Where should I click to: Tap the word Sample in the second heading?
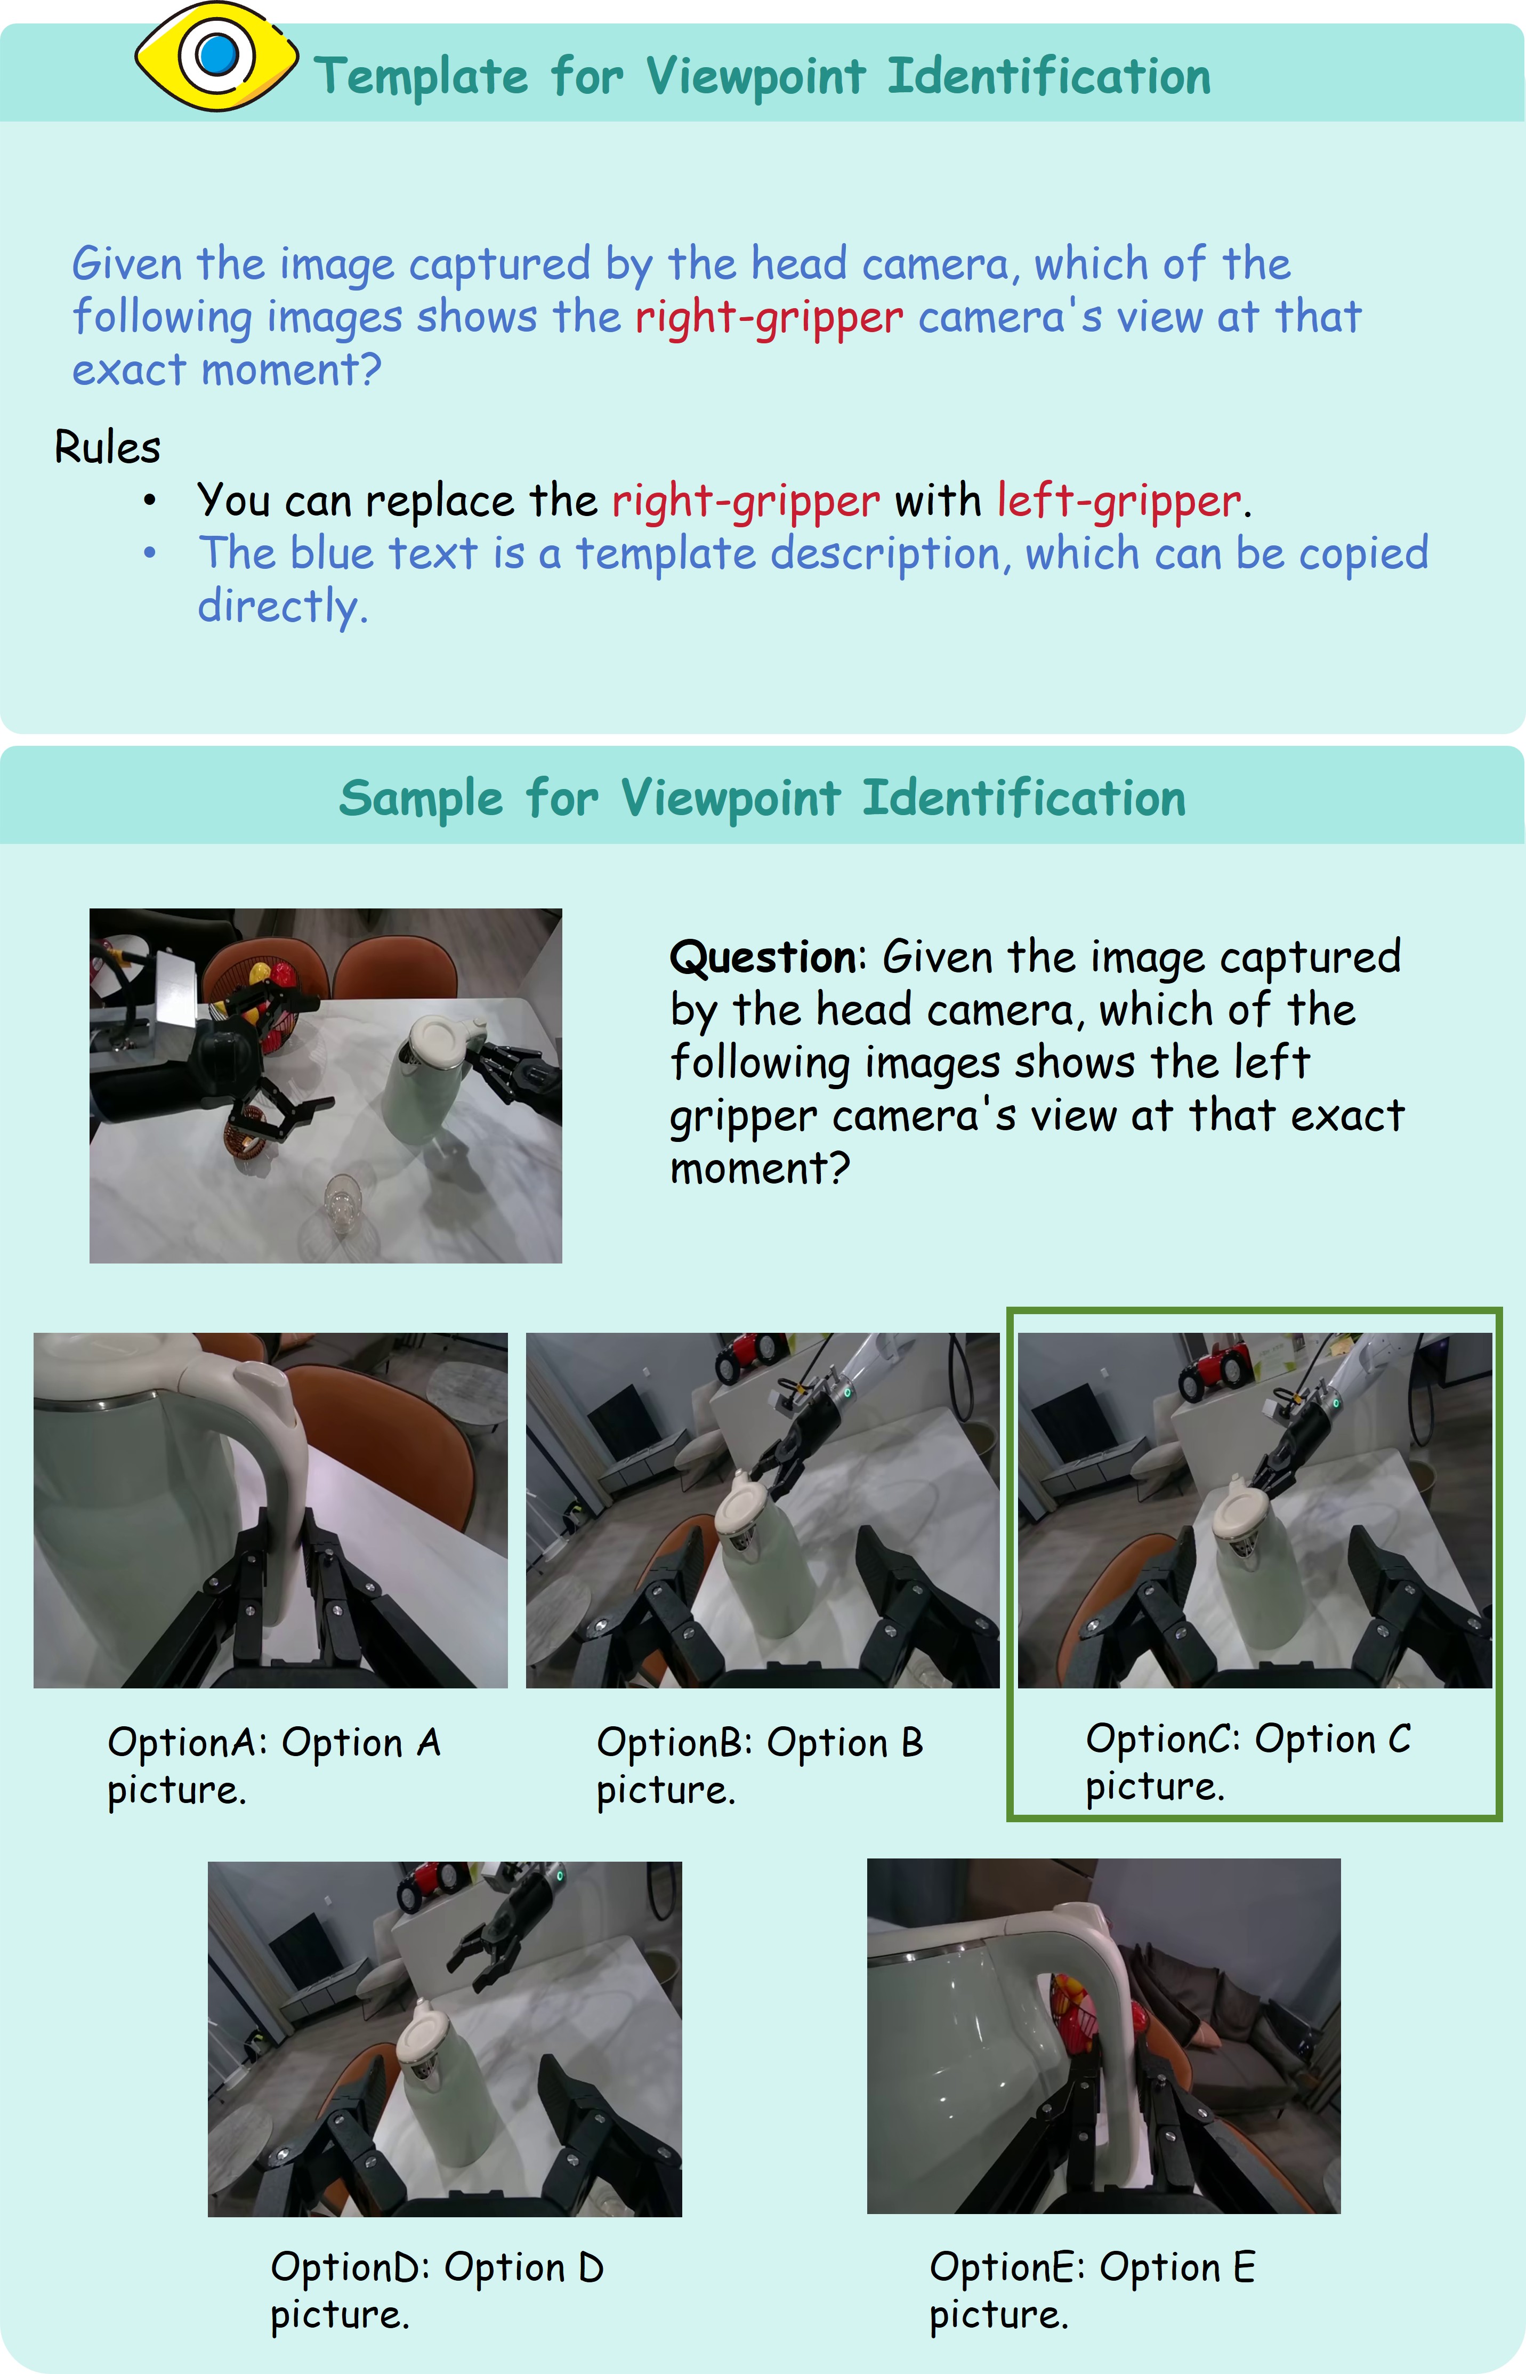tap(421, 799)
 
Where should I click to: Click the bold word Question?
tap(763, 957)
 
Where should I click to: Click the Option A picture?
tap(271, 1510)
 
